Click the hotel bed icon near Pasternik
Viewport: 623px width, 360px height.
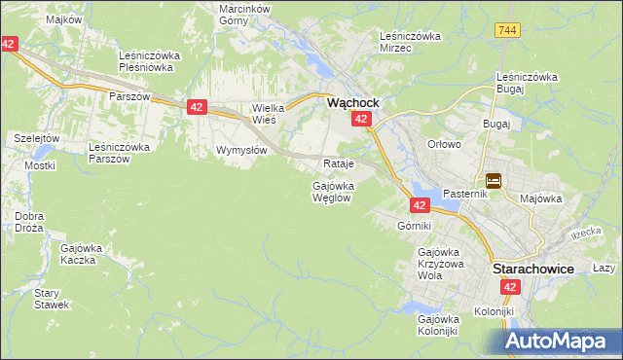[494, 180]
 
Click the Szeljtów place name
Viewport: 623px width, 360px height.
[37, 139]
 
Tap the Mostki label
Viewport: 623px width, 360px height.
[40, 165]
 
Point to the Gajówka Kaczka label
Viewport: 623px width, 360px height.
[82, 254]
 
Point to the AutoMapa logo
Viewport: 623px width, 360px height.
[563, 341]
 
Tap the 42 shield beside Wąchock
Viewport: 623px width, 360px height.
[361, 119]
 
